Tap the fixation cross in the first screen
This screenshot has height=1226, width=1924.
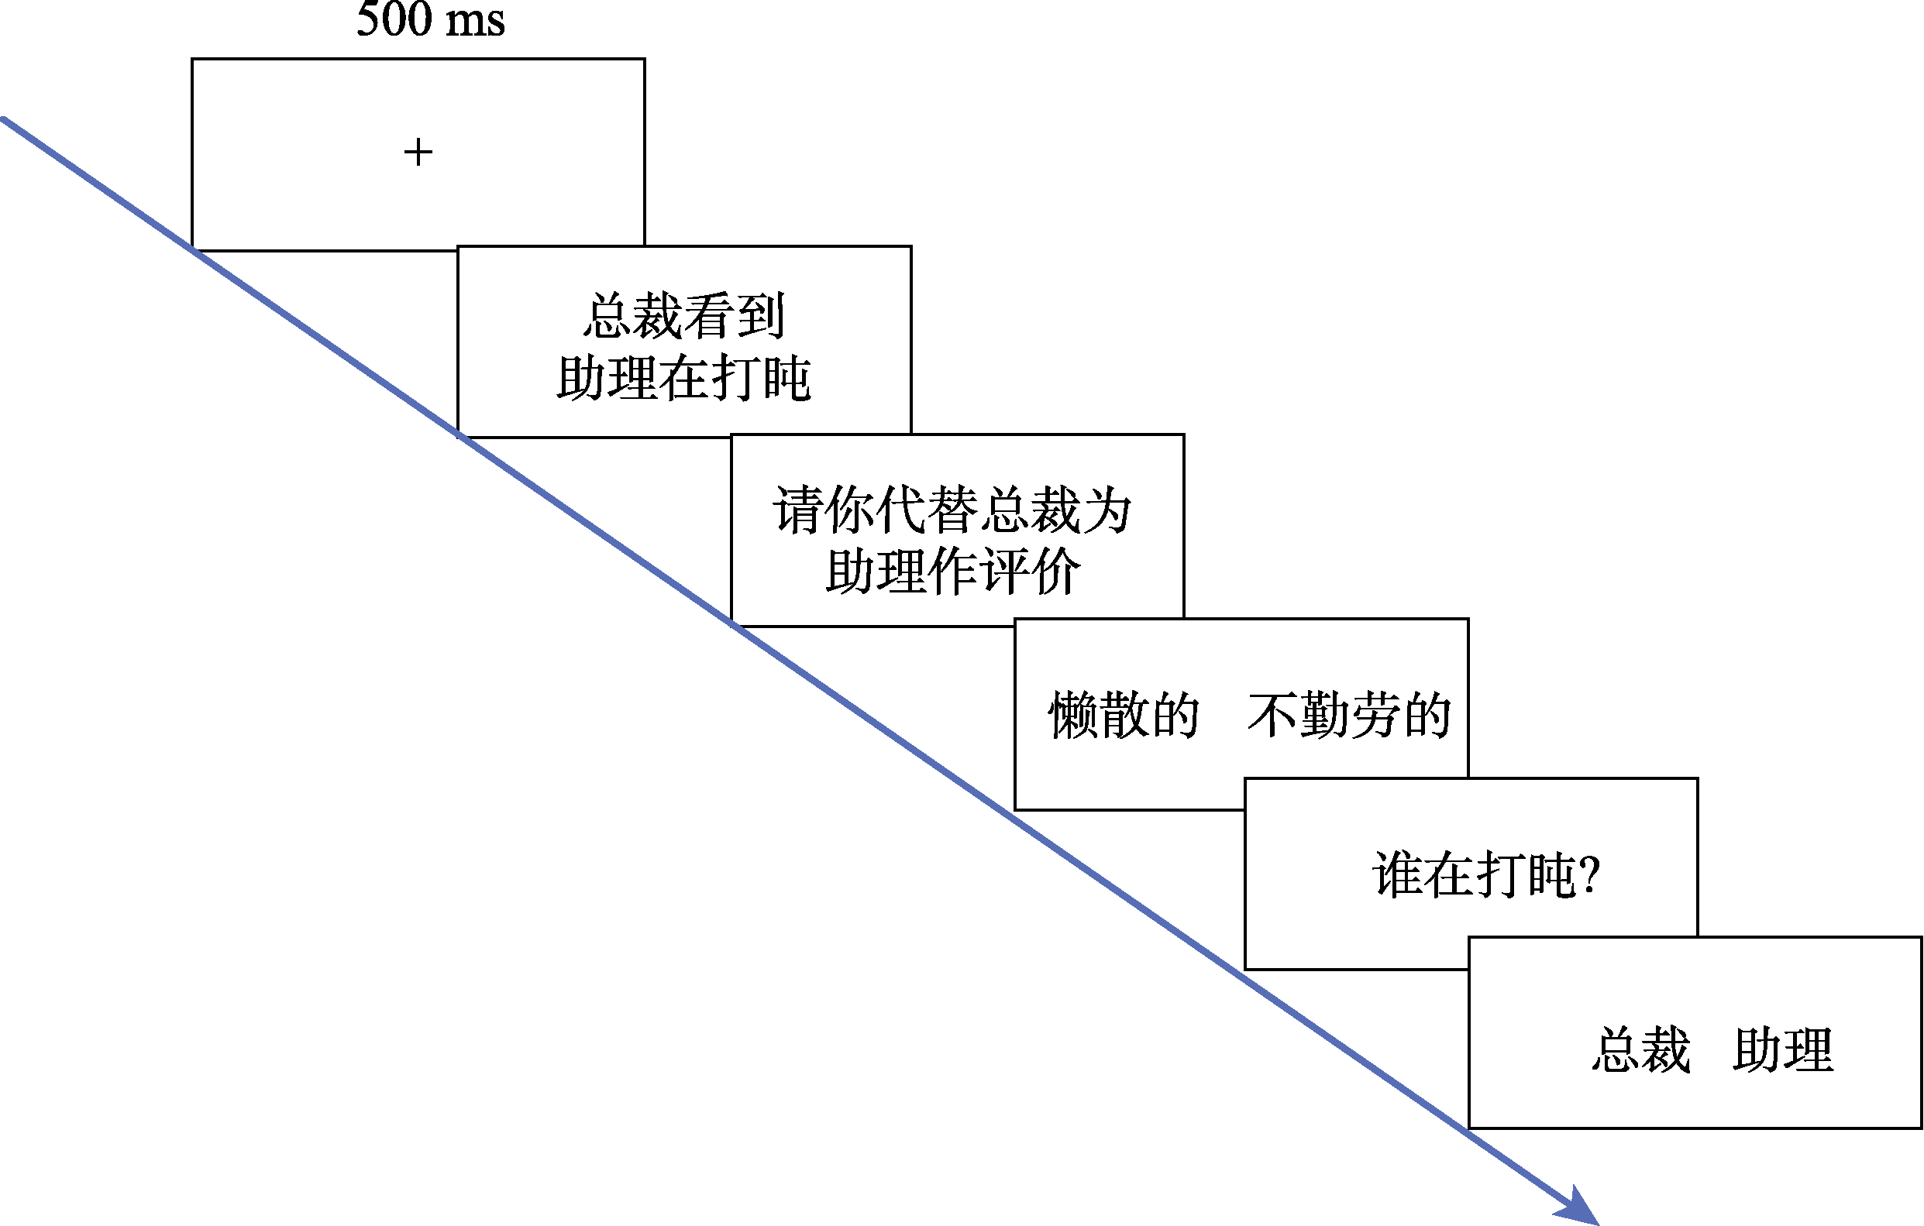[418, 152]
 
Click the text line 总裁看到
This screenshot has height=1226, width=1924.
[684, 315]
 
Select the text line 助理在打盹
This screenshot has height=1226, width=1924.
[684, 378]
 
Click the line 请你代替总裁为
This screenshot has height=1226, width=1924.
[952, 510]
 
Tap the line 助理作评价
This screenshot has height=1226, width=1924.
[952, 571]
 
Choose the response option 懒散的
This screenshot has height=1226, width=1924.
[1124, 715]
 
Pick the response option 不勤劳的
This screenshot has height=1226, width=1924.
[1349, 715]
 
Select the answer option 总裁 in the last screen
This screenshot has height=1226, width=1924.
[1641, 1049]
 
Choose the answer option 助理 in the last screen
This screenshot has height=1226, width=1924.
[1782, 1049]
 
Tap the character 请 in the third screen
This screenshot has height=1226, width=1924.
[797, 510]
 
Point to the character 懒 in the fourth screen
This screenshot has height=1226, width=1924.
[1072, 715]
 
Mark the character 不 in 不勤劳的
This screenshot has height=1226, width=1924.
[1272, 715]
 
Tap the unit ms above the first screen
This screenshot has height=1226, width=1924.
[475, 19]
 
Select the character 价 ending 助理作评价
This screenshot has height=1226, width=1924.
[1055, 571]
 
